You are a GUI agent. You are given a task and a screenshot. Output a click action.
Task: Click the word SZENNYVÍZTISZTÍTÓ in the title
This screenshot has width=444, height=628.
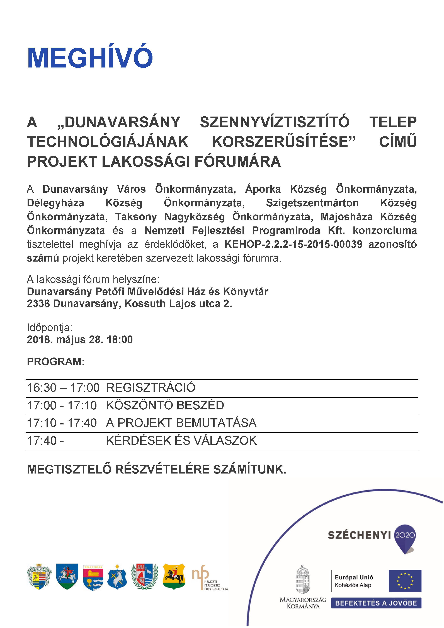point(275,122)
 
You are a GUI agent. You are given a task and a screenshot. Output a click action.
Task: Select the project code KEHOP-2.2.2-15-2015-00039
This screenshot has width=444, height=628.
point(293,244)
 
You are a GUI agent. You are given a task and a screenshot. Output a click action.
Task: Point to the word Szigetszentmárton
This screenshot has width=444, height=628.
point(312,203)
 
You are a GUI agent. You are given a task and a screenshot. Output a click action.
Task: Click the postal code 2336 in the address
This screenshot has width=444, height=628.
point(38,304)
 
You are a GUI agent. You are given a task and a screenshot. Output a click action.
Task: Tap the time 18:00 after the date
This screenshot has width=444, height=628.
point(120,339)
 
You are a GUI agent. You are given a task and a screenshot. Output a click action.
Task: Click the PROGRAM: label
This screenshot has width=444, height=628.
point(56,362)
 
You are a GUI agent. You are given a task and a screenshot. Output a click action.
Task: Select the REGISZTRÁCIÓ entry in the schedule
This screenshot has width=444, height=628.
point(151,388)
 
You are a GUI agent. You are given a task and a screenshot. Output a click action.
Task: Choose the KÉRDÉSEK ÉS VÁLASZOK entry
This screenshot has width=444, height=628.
point(181,441)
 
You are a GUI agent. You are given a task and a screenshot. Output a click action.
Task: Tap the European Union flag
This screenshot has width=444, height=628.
point(405,581)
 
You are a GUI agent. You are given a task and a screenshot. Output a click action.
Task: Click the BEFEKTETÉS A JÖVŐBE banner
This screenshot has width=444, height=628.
point(376,603)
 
